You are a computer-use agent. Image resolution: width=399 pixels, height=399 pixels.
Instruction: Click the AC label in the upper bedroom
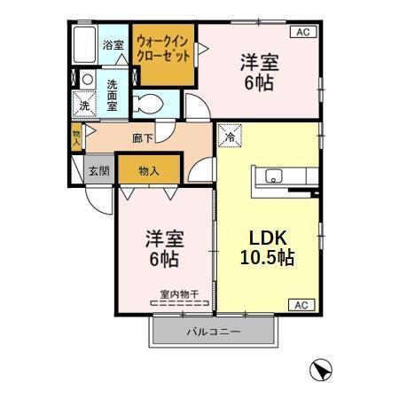(x=301, y=32)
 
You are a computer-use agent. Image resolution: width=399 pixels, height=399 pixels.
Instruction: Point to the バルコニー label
(x=213, y=332)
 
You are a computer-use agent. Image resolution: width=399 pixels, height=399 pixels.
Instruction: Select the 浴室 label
(x=113, y=45)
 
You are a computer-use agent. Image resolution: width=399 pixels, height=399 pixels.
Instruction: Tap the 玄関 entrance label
(x=98, y=170)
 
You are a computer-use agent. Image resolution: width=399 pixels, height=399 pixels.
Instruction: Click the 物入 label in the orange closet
(x=149, y=170)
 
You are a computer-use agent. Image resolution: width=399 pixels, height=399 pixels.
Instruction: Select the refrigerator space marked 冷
(x=229, y=137)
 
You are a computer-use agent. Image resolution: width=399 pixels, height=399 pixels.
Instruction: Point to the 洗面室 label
(x=113, y=94)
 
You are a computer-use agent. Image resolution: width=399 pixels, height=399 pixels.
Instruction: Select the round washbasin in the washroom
(x=87, y=80)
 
